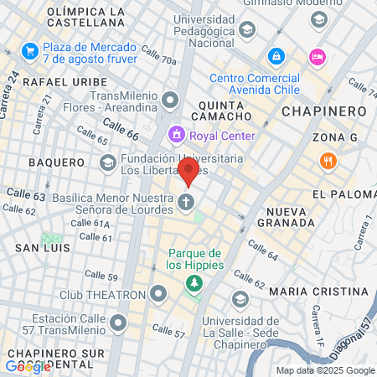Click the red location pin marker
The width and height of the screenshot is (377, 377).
tap(189, 171)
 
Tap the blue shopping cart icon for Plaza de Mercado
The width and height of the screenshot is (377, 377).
tap(30, 50)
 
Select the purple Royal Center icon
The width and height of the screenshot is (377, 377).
tap(177, 133)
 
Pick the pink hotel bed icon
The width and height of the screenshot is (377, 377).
tap(318, 56)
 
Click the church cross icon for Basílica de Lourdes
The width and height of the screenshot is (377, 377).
tap(187, 201)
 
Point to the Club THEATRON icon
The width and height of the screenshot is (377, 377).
tap(159, 294)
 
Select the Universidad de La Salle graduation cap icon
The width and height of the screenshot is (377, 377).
tap(240, 299)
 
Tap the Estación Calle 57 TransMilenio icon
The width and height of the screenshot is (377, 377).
tap(118, 322)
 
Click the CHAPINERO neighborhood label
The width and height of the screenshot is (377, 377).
tap(324, 111)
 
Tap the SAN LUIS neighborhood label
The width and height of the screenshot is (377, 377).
tap(41, 248)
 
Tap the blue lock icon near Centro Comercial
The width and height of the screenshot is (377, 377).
tap(275, 56)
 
